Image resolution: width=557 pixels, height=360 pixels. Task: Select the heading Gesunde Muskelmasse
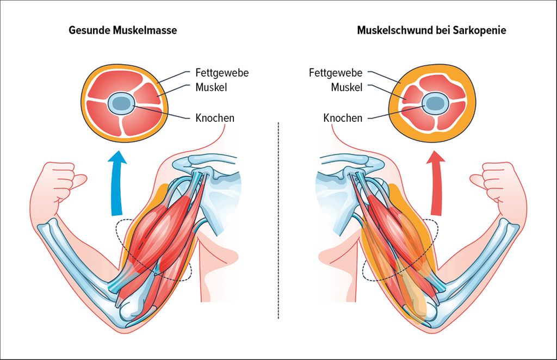tap(122, 30)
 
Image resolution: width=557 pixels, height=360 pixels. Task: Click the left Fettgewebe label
tap(221, 72)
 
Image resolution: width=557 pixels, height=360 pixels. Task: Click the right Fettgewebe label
tap(336, 72)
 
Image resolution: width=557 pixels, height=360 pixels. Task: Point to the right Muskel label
tap(346, 87)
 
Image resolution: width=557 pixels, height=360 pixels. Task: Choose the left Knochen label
tap(215, 117)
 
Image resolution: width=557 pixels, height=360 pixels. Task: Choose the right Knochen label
tap(343, 117)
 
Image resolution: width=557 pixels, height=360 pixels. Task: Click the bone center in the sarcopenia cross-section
tap(434, 102)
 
